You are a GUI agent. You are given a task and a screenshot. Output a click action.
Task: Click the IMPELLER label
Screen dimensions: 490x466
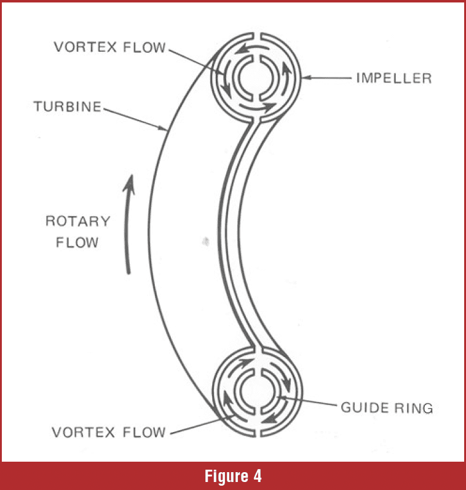393,78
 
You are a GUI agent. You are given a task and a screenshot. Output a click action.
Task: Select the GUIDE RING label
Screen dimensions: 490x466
387,408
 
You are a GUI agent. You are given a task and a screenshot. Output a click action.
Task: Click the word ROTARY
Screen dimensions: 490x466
77,221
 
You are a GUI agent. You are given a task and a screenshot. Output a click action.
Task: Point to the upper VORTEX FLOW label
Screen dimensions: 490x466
109,47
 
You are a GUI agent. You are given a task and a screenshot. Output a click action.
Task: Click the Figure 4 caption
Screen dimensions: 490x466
232,476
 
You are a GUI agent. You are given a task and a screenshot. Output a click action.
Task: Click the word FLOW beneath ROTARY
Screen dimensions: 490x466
77,242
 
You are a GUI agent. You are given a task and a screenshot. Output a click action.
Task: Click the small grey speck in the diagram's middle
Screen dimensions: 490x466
205,239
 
